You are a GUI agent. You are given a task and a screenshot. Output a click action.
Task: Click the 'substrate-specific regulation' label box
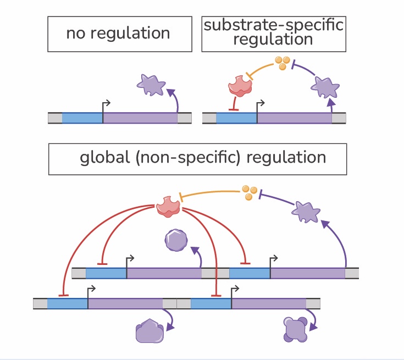click(273, 34)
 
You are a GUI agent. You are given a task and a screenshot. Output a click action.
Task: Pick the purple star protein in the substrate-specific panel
click(325, 86)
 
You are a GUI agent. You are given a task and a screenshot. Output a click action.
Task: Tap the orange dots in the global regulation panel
click(250, 192)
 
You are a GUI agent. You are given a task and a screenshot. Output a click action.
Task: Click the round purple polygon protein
click(176, 240)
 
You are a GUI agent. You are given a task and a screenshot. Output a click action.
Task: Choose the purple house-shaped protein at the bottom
click(150, 331)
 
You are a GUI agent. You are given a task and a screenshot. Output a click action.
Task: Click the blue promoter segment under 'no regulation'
click(82, 118)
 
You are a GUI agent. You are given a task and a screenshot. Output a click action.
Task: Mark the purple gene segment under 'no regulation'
click(140, 118)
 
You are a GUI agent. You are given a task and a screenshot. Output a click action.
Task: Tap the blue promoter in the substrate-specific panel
click(237, 118)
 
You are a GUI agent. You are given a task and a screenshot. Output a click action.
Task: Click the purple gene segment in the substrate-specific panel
click(295, 118)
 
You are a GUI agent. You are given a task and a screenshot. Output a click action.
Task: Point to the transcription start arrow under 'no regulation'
click(106, 104)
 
